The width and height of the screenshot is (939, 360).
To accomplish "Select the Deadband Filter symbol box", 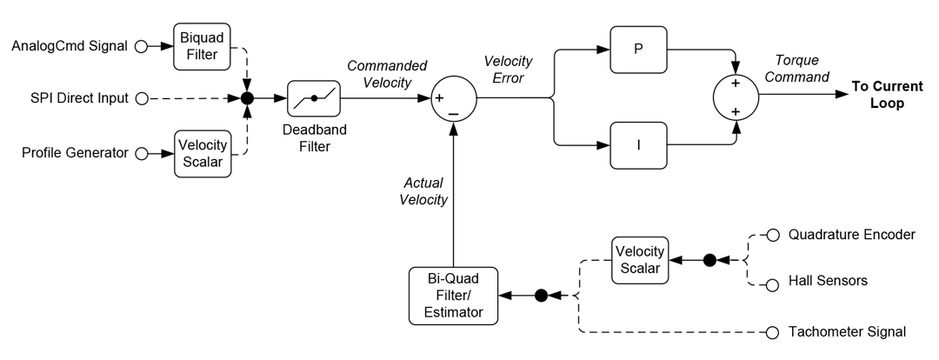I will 314,98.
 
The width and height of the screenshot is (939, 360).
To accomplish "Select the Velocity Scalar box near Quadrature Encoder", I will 640,259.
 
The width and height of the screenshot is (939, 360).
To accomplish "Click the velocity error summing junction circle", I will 453,98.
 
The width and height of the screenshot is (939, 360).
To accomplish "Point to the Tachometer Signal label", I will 847,331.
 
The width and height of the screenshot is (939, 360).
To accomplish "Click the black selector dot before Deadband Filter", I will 247,99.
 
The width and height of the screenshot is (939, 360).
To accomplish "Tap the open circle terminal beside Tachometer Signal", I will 772,331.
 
